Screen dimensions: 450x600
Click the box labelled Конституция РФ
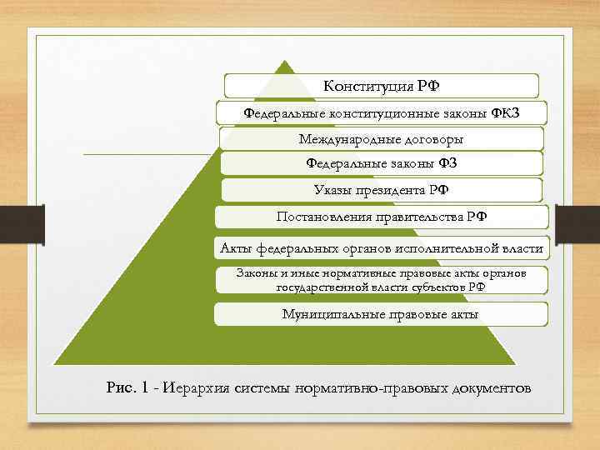382,86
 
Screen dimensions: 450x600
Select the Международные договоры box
381,138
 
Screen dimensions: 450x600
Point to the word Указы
333,190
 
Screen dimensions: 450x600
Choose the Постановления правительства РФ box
382,217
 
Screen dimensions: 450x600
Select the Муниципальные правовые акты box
380,313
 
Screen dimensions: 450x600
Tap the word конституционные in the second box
377,112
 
